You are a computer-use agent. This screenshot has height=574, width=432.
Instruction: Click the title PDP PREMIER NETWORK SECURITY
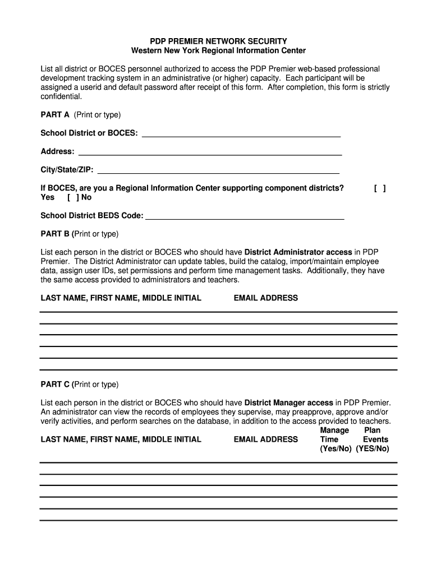click(218, 41)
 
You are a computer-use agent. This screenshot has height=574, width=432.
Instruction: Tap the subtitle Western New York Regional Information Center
click(218, 51)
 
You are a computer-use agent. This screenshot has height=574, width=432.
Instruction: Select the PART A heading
click(55, 115)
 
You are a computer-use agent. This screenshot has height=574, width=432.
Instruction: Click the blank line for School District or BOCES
click(241, 133)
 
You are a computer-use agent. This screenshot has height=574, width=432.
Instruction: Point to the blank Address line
click(210, 152)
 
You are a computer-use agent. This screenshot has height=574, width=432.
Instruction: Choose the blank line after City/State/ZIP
click(218, 170)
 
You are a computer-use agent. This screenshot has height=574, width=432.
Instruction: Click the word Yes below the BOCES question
click(48, 197)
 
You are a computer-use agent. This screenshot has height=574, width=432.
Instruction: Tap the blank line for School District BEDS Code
click(245, 216)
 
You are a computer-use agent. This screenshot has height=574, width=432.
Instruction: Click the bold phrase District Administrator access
click(298, 252)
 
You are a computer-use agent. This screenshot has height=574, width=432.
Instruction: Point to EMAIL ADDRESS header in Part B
click(265, 298)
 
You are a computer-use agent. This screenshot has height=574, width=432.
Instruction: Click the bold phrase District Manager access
click(288, 403)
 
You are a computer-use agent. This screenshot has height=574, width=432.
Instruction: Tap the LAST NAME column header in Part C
click(121, 439)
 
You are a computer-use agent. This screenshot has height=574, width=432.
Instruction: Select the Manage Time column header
click(334, 435)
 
